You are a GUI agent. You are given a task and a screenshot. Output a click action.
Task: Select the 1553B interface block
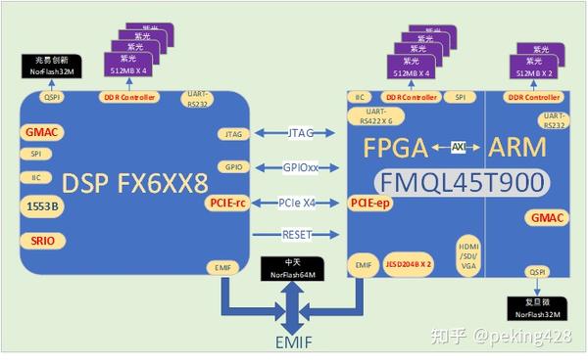pyautogui.click(x=36, y=205)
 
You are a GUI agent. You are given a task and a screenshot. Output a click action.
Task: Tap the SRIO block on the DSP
pyautogui.click(x=36, y=239)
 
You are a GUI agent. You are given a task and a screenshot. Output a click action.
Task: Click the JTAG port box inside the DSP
pyautogui.click(x=233, y=133)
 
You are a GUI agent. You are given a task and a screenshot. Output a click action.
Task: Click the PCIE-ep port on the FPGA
pyautogui.click(x=367, y=203)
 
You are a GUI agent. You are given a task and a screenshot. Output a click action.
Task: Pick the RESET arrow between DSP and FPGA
pyautogui.click(x=300, y=235)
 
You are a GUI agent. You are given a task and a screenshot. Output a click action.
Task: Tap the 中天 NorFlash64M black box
pyautogui.click(x=294, y=268)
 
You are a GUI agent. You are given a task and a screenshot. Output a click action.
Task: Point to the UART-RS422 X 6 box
pyautogui.click(x=377, y=117)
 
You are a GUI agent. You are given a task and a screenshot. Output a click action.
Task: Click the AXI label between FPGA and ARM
pyautogui.click(x=457, y=147)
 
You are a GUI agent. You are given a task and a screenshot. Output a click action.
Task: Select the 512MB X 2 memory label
pyautogui.click(x=536, y=73)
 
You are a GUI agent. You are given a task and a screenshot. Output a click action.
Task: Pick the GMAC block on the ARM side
pyautogui.click(x=547, y=218)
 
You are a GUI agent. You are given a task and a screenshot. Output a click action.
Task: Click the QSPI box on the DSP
pyautogui.click(x=51, y=97)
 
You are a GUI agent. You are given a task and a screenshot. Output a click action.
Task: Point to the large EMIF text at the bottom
pyautogui.click(x=295, y=341)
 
